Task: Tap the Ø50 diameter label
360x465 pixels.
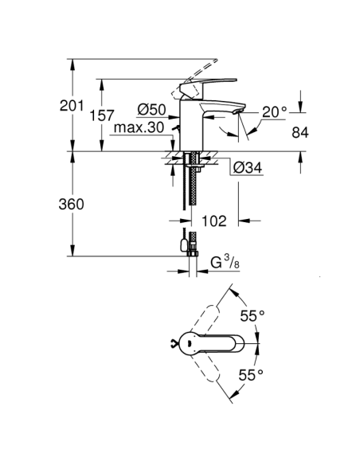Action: [x=151, y=108]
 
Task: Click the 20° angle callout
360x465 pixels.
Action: [x=273, y=112]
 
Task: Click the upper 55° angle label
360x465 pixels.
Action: [x=252, y=316]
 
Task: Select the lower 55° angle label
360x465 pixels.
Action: [x=252, y=373]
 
